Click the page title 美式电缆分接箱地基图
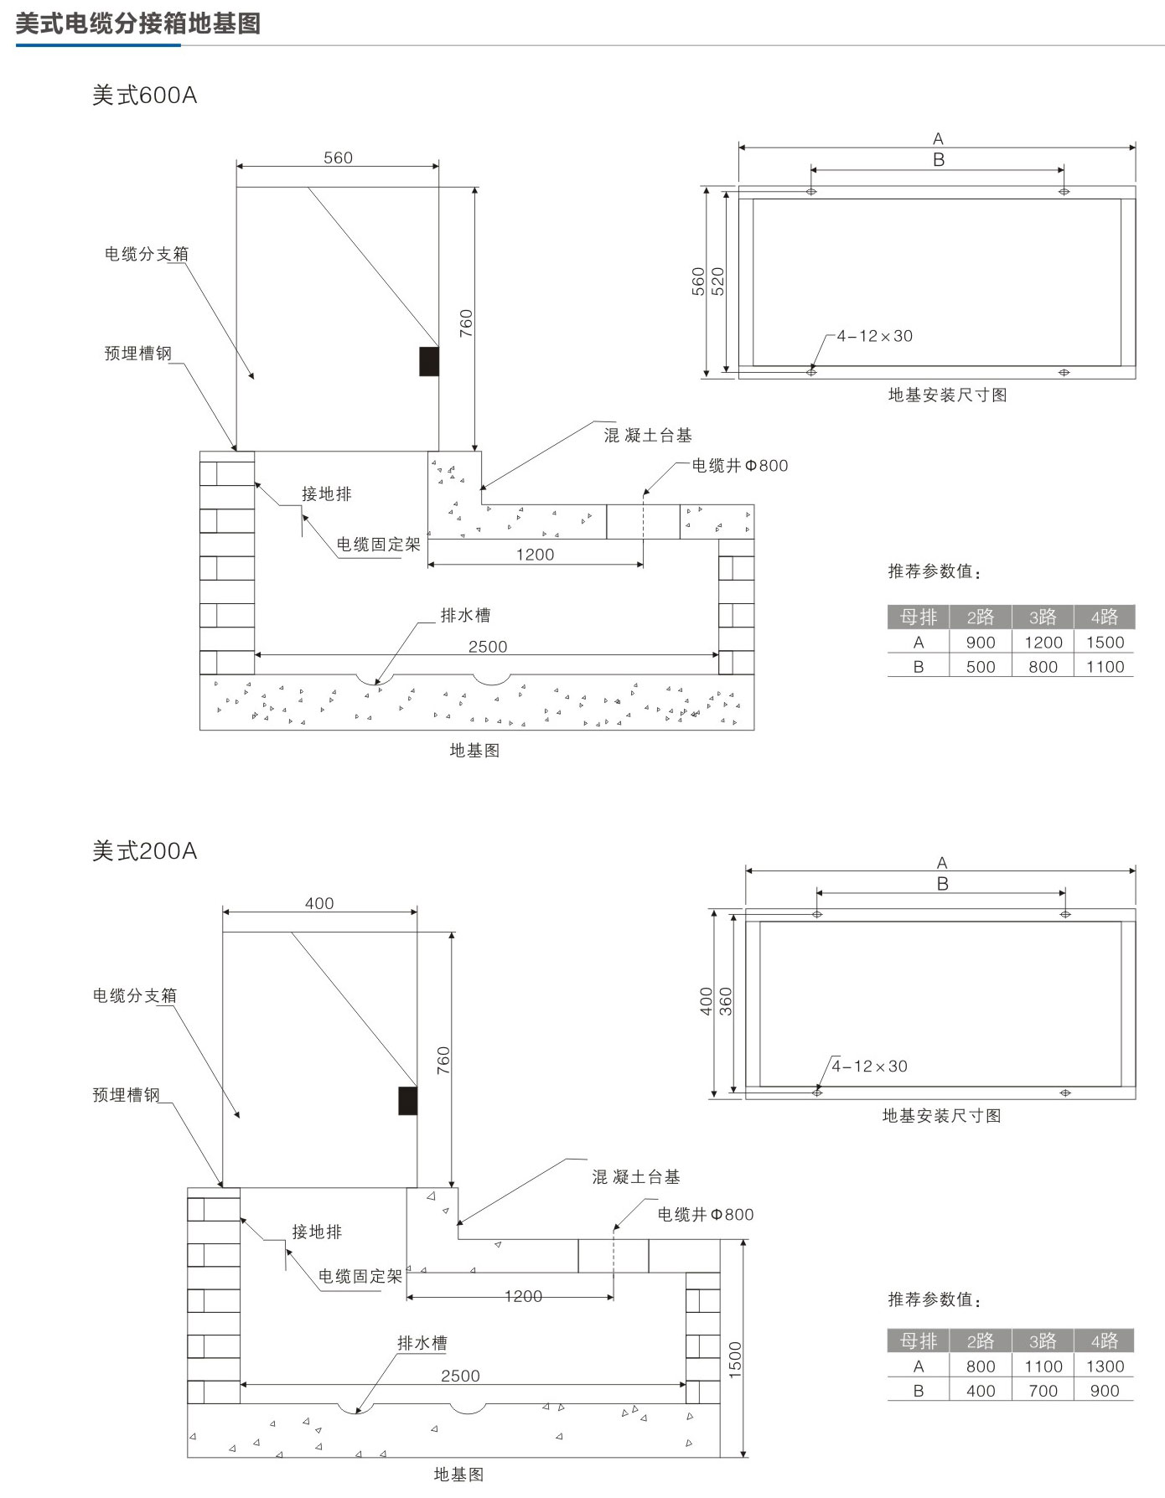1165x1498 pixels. pos(137,23)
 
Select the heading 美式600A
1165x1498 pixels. pos(144,96)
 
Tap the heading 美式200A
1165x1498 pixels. pos(144,851)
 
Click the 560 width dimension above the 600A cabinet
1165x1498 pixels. pos(338,158)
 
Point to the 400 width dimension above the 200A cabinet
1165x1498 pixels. pos(319,903)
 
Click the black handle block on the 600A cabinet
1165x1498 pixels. pos(429,361)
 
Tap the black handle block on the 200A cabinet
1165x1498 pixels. pos(407,1101)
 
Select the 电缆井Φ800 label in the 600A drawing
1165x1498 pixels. pos(739,466)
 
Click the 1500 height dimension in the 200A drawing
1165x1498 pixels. pos(735,1360)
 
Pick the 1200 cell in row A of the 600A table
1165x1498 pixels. pos(1043,643)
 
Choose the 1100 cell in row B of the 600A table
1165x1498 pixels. pos(1105,667)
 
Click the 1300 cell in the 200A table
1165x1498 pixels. pos(1105,1366)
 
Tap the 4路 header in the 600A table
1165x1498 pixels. pos(1105,617)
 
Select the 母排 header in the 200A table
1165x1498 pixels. pos(919,1341)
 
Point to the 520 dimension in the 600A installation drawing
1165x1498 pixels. pos(717,282)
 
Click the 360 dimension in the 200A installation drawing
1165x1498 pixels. pos(726,1002)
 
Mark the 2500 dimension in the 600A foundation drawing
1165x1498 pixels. pos(488,647)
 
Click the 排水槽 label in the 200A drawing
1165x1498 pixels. pos(422,1343)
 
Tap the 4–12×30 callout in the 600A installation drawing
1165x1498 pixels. pos(875,336)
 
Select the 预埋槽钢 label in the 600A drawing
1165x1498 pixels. pos(137,354)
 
